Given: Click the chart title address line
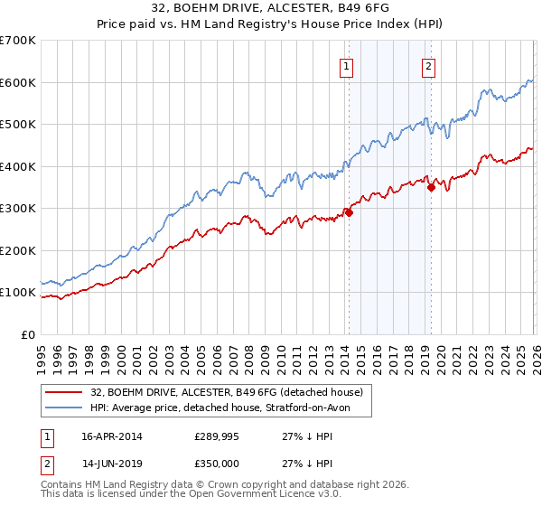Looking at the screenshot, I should [x=270, y=9].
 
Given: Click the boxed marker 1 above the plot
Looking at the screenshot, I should [x=347, y=65].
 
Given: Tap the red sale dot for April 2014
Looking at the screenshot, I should [x=349, y=213].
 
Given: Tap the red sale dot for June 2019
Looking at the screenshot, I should [x=431, y=188].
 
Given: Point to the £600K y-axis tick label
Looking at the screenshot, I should [x=18, y=82].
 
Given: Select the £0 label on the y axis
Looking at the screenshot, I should [x=27, y=335].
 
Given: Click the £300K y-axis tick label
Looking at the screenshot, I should [x=18, y=209].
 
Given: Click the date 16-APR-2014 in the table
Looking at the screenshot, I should [x=112, y=436].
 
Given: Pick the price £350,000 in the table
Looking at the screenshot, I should [x=218, y=465].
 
